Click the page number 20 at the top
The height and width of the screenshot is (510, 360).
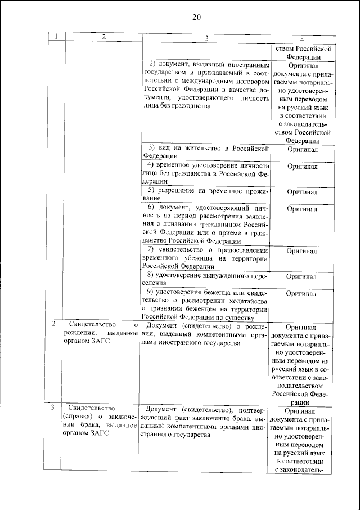[x=196, y=16]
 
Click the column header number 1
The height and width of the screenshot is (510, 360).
[x=56, y=37]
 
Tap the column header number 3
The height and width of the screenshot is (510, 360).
[x=206, y=38]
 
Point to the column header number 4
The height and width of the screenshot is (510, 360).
[x=303, y=39]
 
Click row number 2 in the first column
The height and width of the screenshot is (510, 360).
[x=53, y=325]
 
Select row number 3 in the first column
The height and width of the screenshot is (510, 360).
[x=53, y=407]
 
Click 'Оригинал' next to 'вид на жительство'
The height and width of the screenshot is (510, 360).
[x=303, y=150]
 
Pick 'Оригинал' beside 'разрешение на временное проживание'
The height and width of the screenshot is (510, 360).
[x=303, y=192]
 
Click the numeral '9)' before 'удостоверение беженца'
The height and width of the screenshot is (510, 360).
[x=150, y=292]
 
